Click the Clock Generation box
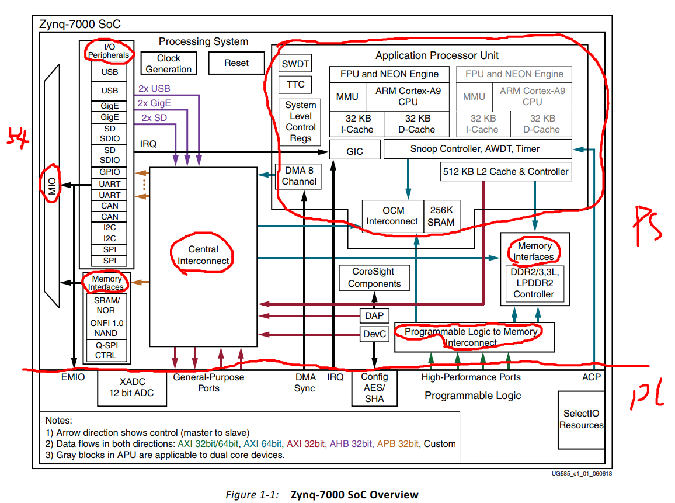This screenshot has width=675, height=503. coord(168,64)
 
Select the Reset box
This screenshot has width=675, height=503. coord(236,63)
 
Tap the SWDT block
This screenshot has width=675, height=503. coord(295,64)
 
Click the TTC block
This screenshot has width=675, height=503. coord(295,85)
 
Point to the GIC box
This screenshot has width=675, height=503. coord(354,151)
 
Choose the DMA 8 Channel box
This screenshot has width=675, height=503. coord(299,176)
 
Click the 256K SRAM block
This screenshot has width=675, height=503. coord(441,216)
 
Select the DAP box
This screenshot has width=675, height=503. coord(374,316)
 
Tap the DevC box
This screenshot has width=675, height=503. coord(374,334)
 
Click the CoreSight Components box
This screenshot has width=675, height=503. coord(374,278)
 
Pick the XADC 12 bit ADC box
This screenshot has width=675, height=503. coord(132,387)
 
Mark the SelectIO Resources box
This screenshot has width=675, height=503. coord(581,419)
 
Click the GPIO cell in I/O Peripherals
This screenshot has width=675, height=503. coord(110,172)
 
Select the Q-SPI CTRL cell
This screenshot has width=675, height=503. coord(106,350)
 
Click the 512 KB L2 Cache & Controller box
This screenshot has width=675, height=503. coord(504,172)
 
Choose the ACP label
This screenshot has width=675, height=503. coord(590,377)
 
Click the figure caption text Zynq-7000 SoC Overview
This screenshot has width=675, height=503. coord(354,495)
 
